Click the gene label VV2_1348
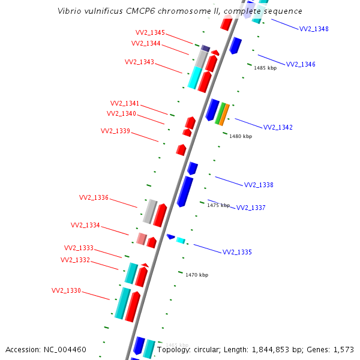pos(314,29)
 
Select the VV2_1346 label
pos(301,64)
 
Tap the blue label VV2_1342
pos(278,127)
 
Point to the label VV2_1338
pos(259,185)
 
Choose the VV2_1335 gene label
pos(237,252)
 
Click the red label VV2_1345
pos(150,33)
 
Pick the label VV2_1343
pos(139,62)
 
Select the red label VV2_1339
pos(115,131)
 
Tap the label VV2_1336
pos(94,197)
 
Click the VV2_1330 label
pos(66,290)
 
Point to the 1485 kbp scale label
pos(265,68)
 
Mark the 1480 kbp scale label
pos(241,136)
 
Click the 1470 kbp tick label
pos(197,275)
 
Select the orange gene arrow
pos(224,115)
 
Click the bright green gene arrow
pos(220,113)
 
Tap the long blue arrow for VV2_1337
pos(185,191)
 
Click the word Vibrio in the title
pos(69,11)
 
